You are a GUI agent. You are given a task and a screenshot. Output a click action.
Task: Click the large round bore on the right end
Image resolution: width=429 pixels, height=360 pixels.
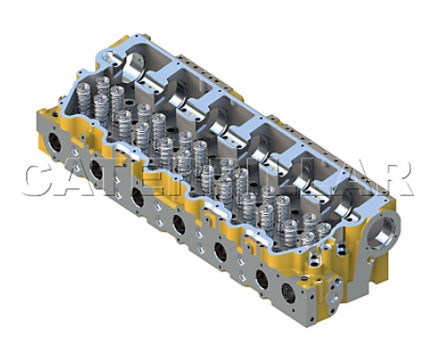tap(385, 229)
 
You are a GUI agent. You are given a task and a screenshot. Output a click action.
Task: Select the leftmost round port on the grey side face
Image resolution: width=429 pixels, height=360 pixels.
tap(55, 142)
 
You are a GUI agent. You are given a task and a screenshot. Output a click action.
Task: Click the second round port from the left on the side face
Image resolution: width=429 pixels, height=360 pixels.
tap(97, 170)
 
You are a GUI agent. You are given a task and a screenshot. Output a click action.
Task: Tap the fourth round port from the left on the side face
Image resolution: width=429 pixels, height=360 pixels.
tap(179, 224)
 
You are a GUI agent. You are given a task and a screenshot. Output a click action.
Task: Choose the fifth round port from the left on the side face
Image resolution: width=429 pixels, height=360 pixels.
tap(221, 252)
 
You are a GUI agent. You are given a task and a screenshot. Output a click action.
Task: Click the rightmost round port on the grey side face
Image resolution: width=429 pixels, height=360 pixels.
tap(289, 293)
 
